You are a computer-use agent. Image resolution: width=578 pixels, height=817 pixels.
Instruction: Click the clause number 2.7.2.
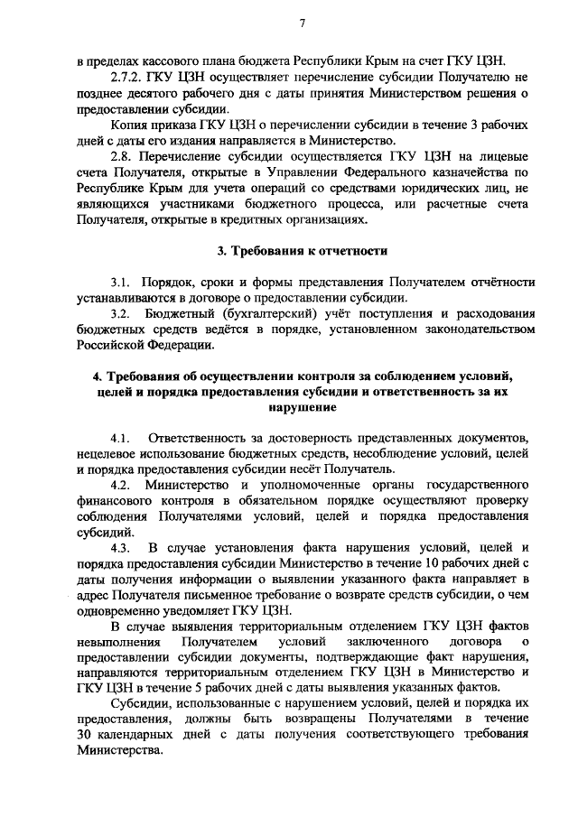126,79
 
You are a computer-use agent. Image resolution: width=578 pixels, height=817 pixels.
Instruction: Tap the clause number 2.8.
121,158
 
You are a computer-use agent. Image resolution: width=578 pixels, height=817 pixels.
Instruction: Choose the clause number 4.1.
121,439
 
